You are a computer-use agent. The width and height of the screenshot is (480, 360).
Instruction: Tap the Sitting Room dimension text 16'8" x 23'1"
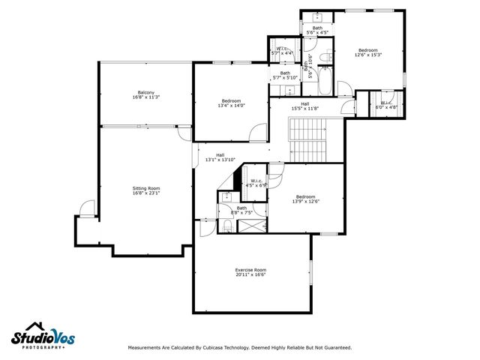pos(146,193)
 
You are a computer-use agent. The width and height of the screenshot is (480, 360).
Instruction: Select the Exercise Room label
pos(250,270)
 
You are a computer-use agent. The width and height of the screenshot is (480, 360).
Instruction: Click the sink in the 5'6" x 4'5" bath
pos(317,17)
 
